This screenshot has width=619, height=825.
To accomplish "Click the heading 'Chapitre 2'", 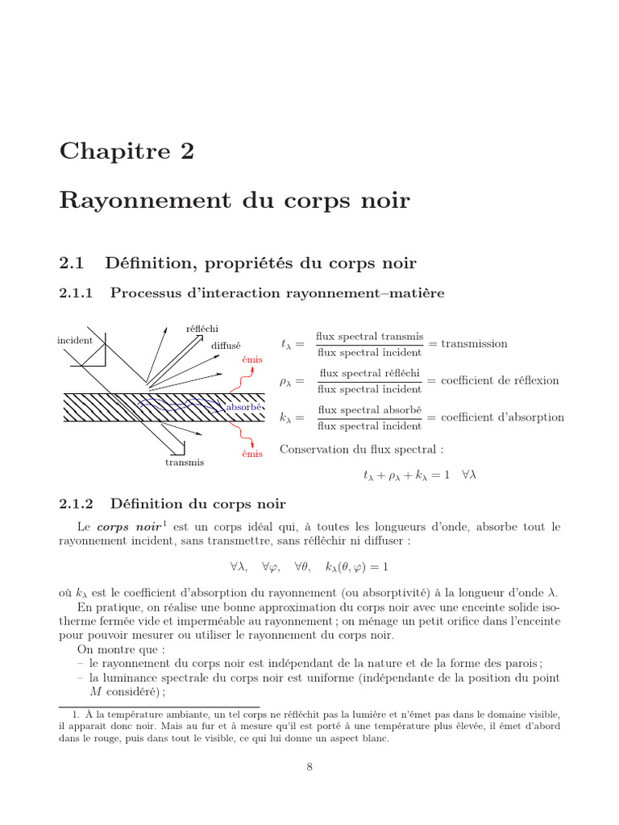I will pyautogui.click(x=127, y=151).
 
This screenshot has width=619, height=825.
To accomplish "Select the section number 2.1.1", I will pyautogui.click(x=77, y=294).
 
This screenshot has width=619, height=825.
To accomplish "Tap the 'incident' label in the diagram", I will pyautogui.click(x=75, y=341).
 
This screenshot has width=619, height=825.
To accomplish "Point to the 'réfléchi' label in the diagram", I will pyautogui.click(x=201, y=328).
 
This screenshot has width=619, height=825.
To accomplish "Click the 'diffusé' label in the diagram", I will pyautogui.click(x=226, y=346).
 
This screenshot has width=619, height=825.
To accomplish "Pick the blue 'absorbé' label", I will pyautogui.click(x=244, y=408).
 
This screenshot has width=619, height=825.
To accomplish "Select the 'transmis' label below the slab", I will pyautogui.click(x=185, y=462).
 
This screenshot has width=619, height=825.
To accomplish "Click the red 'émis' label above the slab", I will pyautogui.click(x=252, y=359).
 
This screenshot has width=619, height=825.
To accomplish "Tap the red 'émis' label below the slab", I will pyautogui.click(x=252, y=454).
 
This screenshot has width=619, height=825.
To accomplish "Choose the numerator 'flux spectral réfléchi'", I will pyautogui.click(x=369, y=373).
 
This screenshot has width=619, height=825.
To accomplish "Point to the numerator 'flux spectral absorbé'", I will pyautogui.click(x=369, y=410).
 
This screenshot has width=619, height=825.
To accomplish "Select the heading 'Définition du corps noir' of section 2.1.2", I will pyautogui.click(x=197, y=504).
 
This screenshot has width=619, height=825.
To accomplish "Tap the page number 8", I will pyautogui.click(x=309, y=766).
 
